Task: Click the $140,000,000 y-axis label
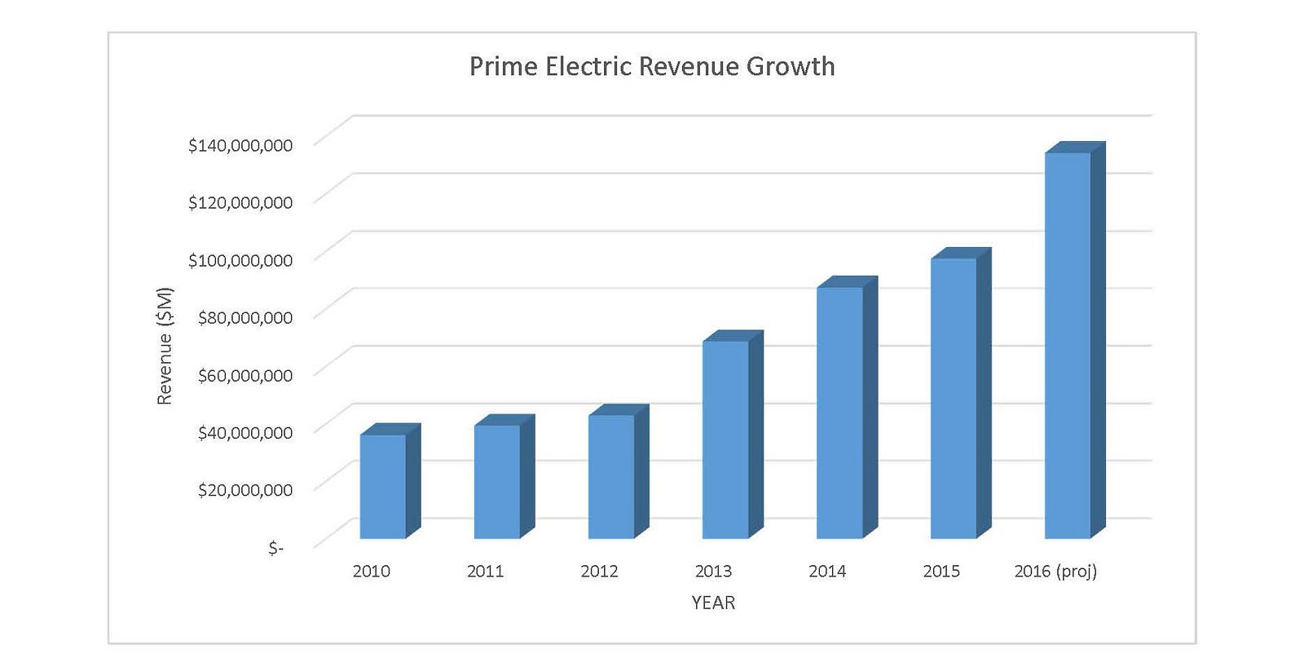pos(240,145)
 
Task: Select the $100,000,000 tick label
pos(240,260)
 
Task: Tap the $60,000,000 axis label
pos(244,375)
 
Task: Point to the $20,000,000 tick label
pos(244,489)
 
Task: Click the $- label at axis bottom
pos(276,548)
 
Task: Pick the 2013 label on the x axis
pos(713,571)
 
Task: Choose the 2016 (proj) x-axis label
pos(1055,571)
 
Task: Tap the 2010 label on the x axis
pos(371,571)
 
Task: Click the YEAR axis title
pos(713,603)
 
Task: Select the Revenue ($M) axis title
pos(165,346)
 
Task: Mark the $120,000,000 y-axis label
pos(240,202)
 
